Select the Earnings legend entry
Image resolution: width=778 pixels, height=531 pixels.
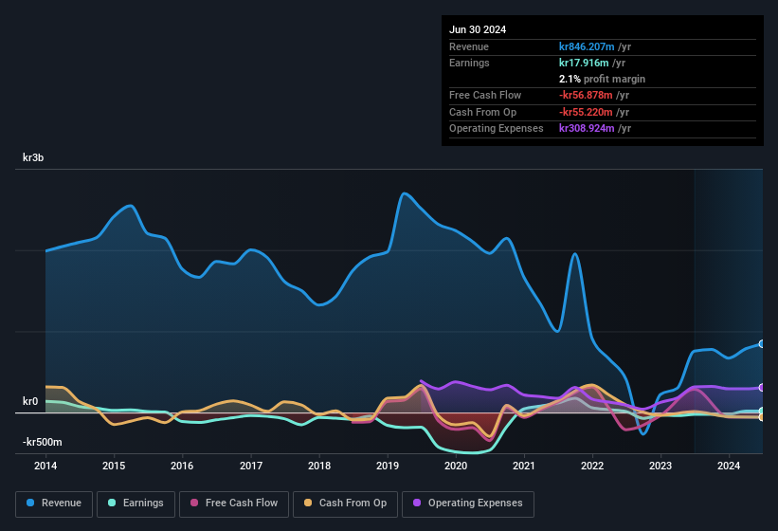click(x=136, y=503)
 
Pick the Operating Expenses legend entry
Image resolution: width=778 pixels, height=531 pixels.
click(x=468, y=503)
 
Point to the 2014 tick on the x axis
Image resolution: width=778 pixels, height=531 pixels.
click(x=45, y=466)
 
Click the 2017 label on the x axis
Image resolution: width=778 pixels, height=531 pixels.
click(x=251, y=466)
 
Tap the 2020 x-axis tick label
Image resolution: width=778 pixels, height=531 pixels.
click(x=456, y=466)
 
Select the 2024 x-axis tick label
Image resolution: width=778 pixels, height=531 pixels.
click(x=729, y=466)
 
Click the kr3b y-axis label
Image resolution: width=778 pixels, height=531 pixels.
click(x=34, y=157)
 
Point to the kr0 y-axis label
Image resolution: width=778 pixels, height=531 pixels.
click(x=30, y=401)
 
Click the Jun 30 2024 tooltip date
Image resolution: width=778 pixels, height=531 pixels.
click(x=478, y=29)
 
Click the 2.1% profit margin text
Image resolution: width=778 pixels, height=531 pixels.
click(x=602, y=79)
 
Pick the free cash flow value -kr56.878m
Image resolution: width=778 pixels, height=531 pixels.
click(x=587, y=95)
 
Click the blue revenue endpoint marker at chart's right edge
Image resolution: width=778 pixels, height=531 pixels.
click(x=762, y=344)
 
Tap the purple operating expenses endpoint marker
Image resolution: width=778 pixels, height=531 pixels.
click(x=762, y=387)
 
